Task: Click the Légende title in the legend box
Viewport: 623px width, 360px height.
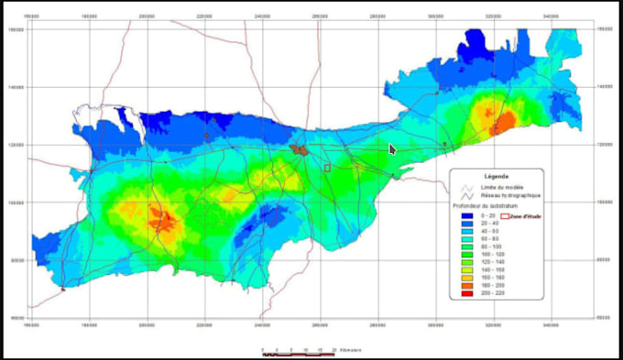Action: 496,176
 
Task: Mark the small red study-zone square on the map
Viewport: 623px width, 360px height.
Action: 327,168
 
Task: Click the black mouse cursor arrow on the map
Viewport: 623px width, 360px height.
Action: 392,148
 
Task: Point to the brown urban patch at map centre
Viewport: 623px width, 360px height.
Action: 299,148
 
